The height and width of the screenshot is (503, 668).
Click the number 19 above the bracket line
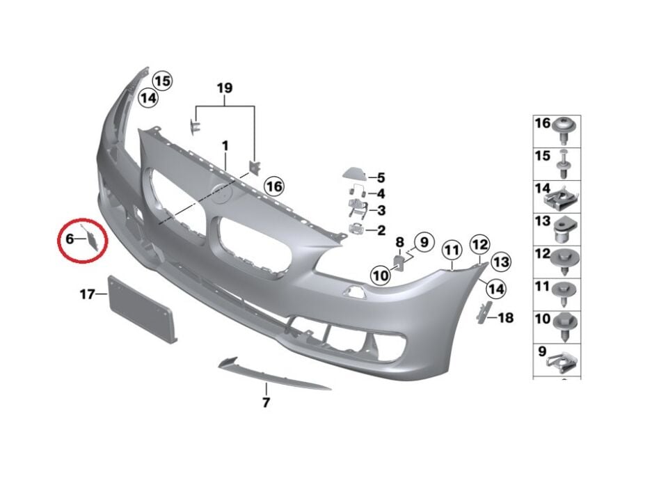point(224,88)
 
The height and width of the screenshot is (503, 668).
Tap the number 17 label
point(86,295)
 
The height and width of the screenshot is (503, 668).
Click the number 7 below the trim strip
point(265,402)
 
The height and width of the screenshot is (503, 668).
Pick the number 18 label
point(506,318)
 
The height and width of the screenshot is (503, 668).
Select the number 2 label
point(381,230)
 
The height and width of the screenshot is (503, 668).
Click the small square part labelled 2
point(356,230)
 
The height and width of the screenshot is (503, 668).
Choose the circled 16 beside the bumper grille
point(274,186)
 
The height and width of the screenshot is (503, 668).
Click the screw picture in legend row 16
point(563,127)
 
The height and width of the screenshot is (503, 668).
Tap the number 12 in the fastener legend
point(542,255)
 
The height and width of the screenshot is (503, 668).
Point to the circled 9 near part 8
point(424,243)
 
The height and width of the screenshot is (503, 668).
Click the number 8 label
point(399,242)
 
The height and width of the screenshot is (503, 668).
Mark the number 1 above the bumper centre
point(225,145)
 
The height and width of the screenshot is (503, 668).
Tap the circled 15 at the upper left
point(162,81)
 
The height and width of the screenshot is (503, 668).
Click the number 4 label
point(381,193)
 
